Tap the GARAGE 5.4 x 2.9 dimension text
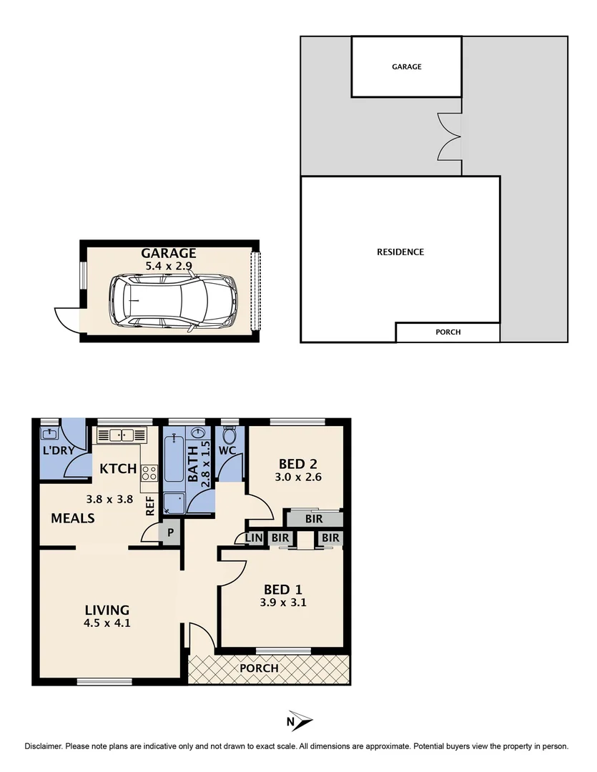point(168,265)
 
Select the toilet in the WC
point(230,435)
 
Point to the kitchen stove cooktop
point(150,472)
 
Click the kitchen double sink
point(121,435)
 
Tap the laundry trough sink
point(50,434)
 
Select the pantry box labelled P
point(170,533)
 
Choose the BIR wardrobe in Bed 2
point(314,519)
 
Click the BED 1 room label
point(283,590)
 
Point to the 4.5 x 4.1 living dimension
point(107,623)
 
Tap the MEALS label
point(73,518)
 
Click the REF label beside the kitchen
point(150,507)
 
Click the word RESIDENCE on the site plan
point(400,252)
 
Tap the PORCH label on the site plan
point(448,332)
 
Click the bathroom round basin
point(197,434)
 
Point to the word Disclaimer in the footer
point(44,746)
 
